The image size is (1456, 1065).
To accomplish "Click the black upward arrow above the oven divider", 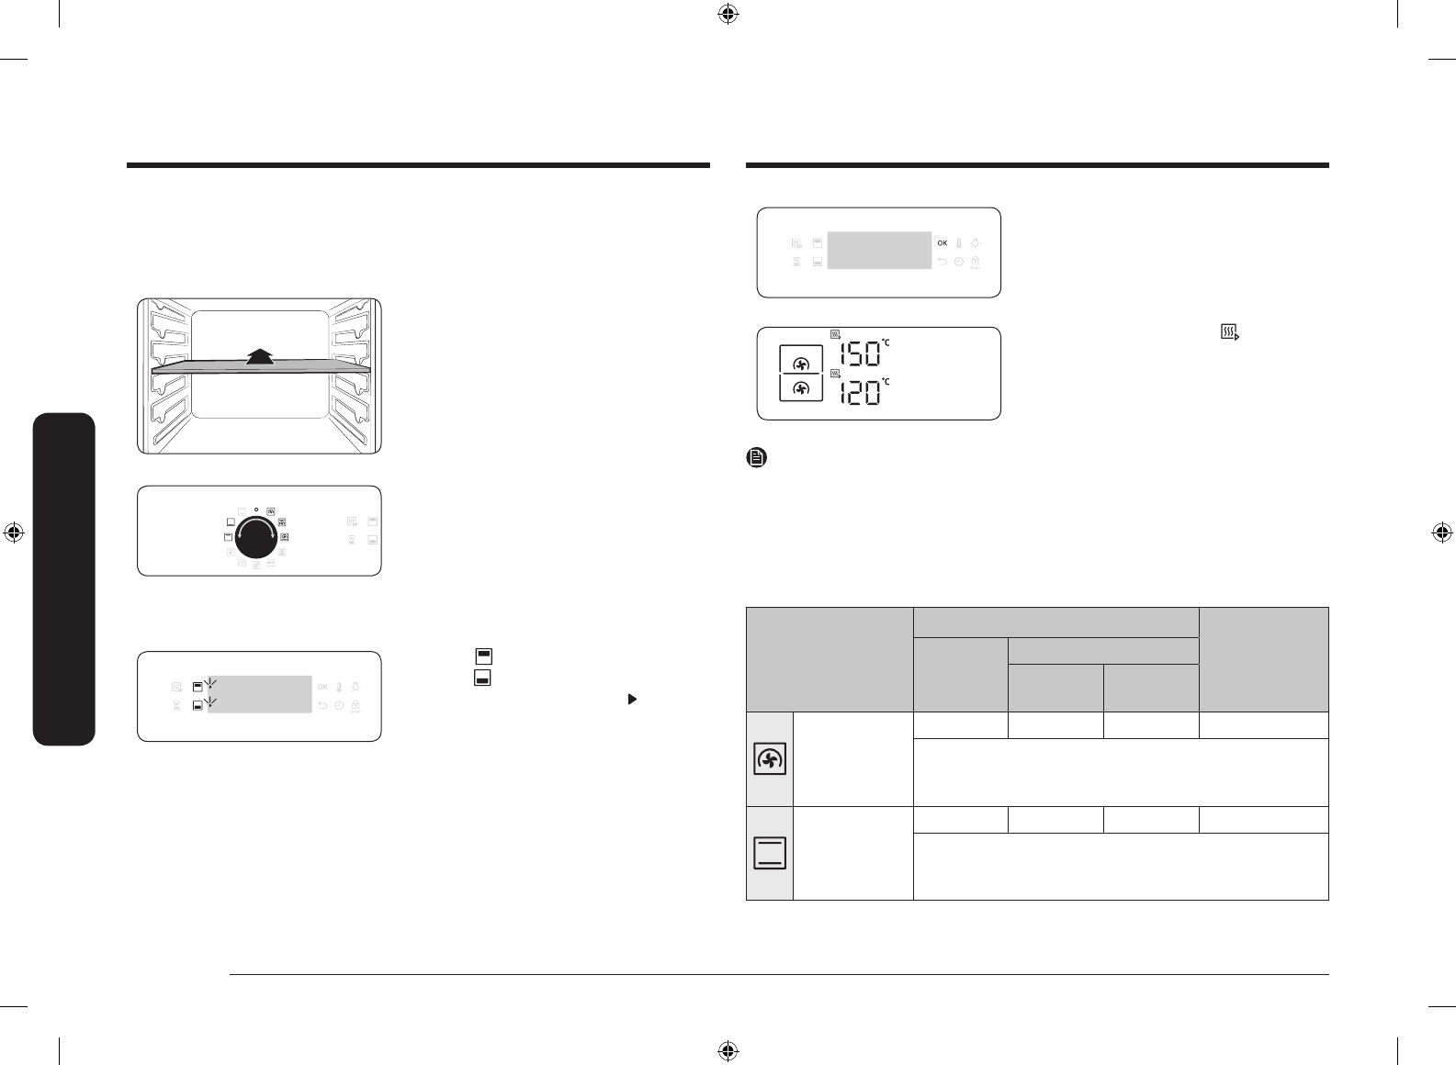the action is [x=260, y=357].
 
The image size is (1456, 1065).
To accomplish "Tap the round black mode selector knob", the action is [x=256, y=537].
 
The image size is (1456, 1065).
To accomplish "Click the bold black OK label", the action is [x=942, y=243].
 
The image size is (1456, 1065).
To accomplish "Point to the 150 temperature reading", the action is [x=860, y=354].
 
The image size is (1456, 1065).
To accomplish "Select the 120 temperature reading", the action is [x=860, y=393].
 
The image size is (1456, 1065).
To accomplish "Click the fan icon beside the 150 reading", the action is [x=801, y=364].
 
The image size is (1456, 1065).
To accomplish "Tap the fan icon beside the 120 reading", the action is [x=801, y=388].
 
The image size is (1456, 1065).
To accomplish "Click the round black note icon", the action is [x=756, y=457].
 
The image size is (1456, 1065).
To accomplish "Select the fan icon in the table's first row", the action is [x=770, y=759].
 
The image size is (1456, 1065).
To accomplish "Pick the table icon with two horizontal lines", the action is [x=770, y=853].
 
